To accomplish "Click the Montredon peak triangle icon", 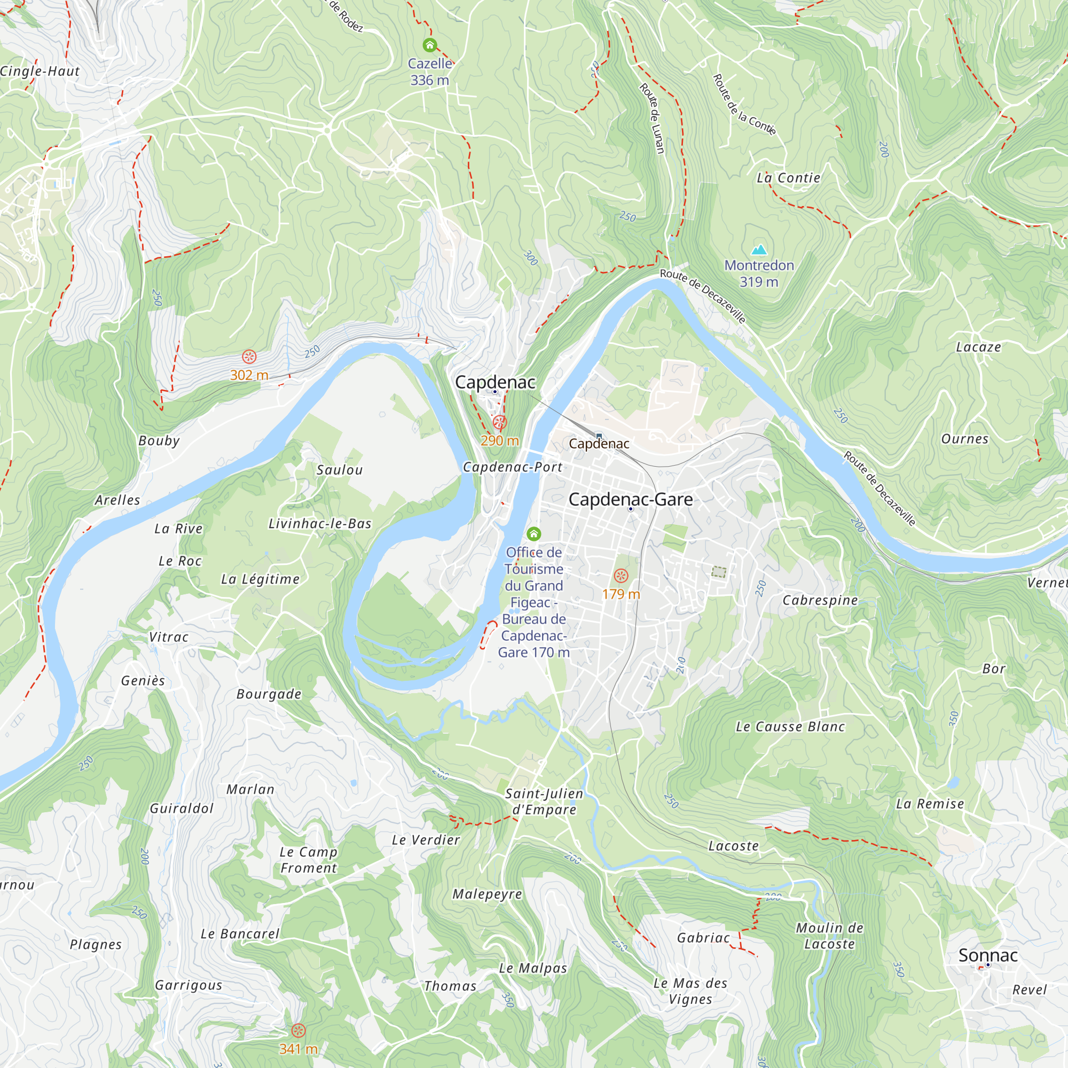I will pyautogui.click(x=759, y=250).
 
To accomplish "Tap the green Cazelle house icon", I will pyautogui.click(x=429, y=45).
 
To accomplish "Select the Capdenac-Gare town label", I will pyautogui.click(x=630, y=499).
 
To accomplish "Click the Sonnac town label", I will pyautogui.click(x=988, y=955).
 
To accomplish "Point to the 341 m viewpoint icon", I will pyautogui.click(x=298, y=1031).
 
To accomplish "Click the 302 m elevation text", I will pyautogui.click(x=249, y=375).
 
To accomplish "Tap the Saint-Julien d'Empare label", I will pyautogui.click(x=544, y=802).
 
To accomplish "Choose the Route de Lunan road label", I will pyautogui.click(x=653, y=117).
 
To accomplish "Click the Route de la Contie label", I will pyautogui.click(x=744, y=105).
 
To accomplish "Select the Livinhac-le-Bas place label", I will pyautogui.click(x=319, y=523).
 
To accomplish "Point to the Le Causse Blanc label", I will pyautogui.click(x=790, y=727).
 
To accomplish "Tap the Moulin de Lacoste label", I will pyautogui.click(x=829, y=936).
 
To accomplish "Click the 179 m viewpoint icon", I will pyautogui.click(x=621, y=576).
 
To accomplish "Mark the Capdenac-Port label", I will pyautogui.click(x=513, y=467).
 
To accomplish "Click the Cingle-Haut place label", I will pyautogui.click(x=40, y=72).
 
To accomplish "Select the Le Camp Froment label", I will pyautogui.click(x=309, y=860).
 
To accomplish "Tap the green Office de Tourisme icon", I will pyautogui.click(x=533, y=533).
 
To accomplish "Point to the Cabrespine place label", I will pyautogui.click(x=820, y=600).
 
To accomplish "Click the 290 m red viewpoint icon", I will pyautogui.click(x=500, y=422).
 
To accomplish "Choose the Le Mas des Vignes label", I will pyautogui.click(x=690, y=991).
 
